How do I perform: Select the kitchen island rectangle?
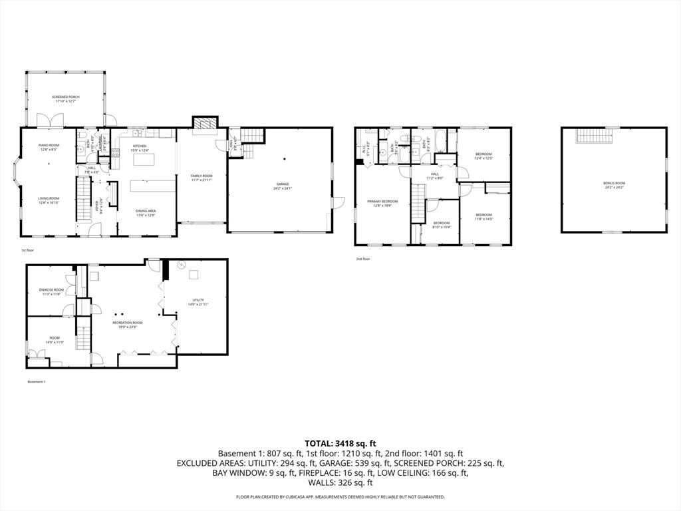[x=145, y=159]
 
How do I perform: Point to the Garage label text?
[x=283, y=186]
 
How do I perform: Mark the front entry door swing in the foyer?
[x=95, y=230]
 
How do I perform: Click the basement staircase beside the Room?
[x=83, y=333]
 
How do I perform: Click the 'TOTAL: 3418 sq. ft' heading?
[x=340, y=442]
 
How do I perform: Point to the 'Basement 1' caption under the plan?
[x=36, y=382]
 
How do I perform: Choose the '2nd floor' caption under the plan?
[x=362, y=259]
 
